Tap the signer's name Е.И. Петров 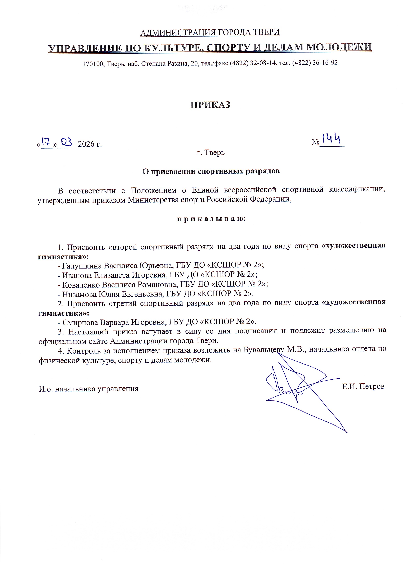coord(363,386)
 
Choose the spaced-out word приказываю coord(211,219)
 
